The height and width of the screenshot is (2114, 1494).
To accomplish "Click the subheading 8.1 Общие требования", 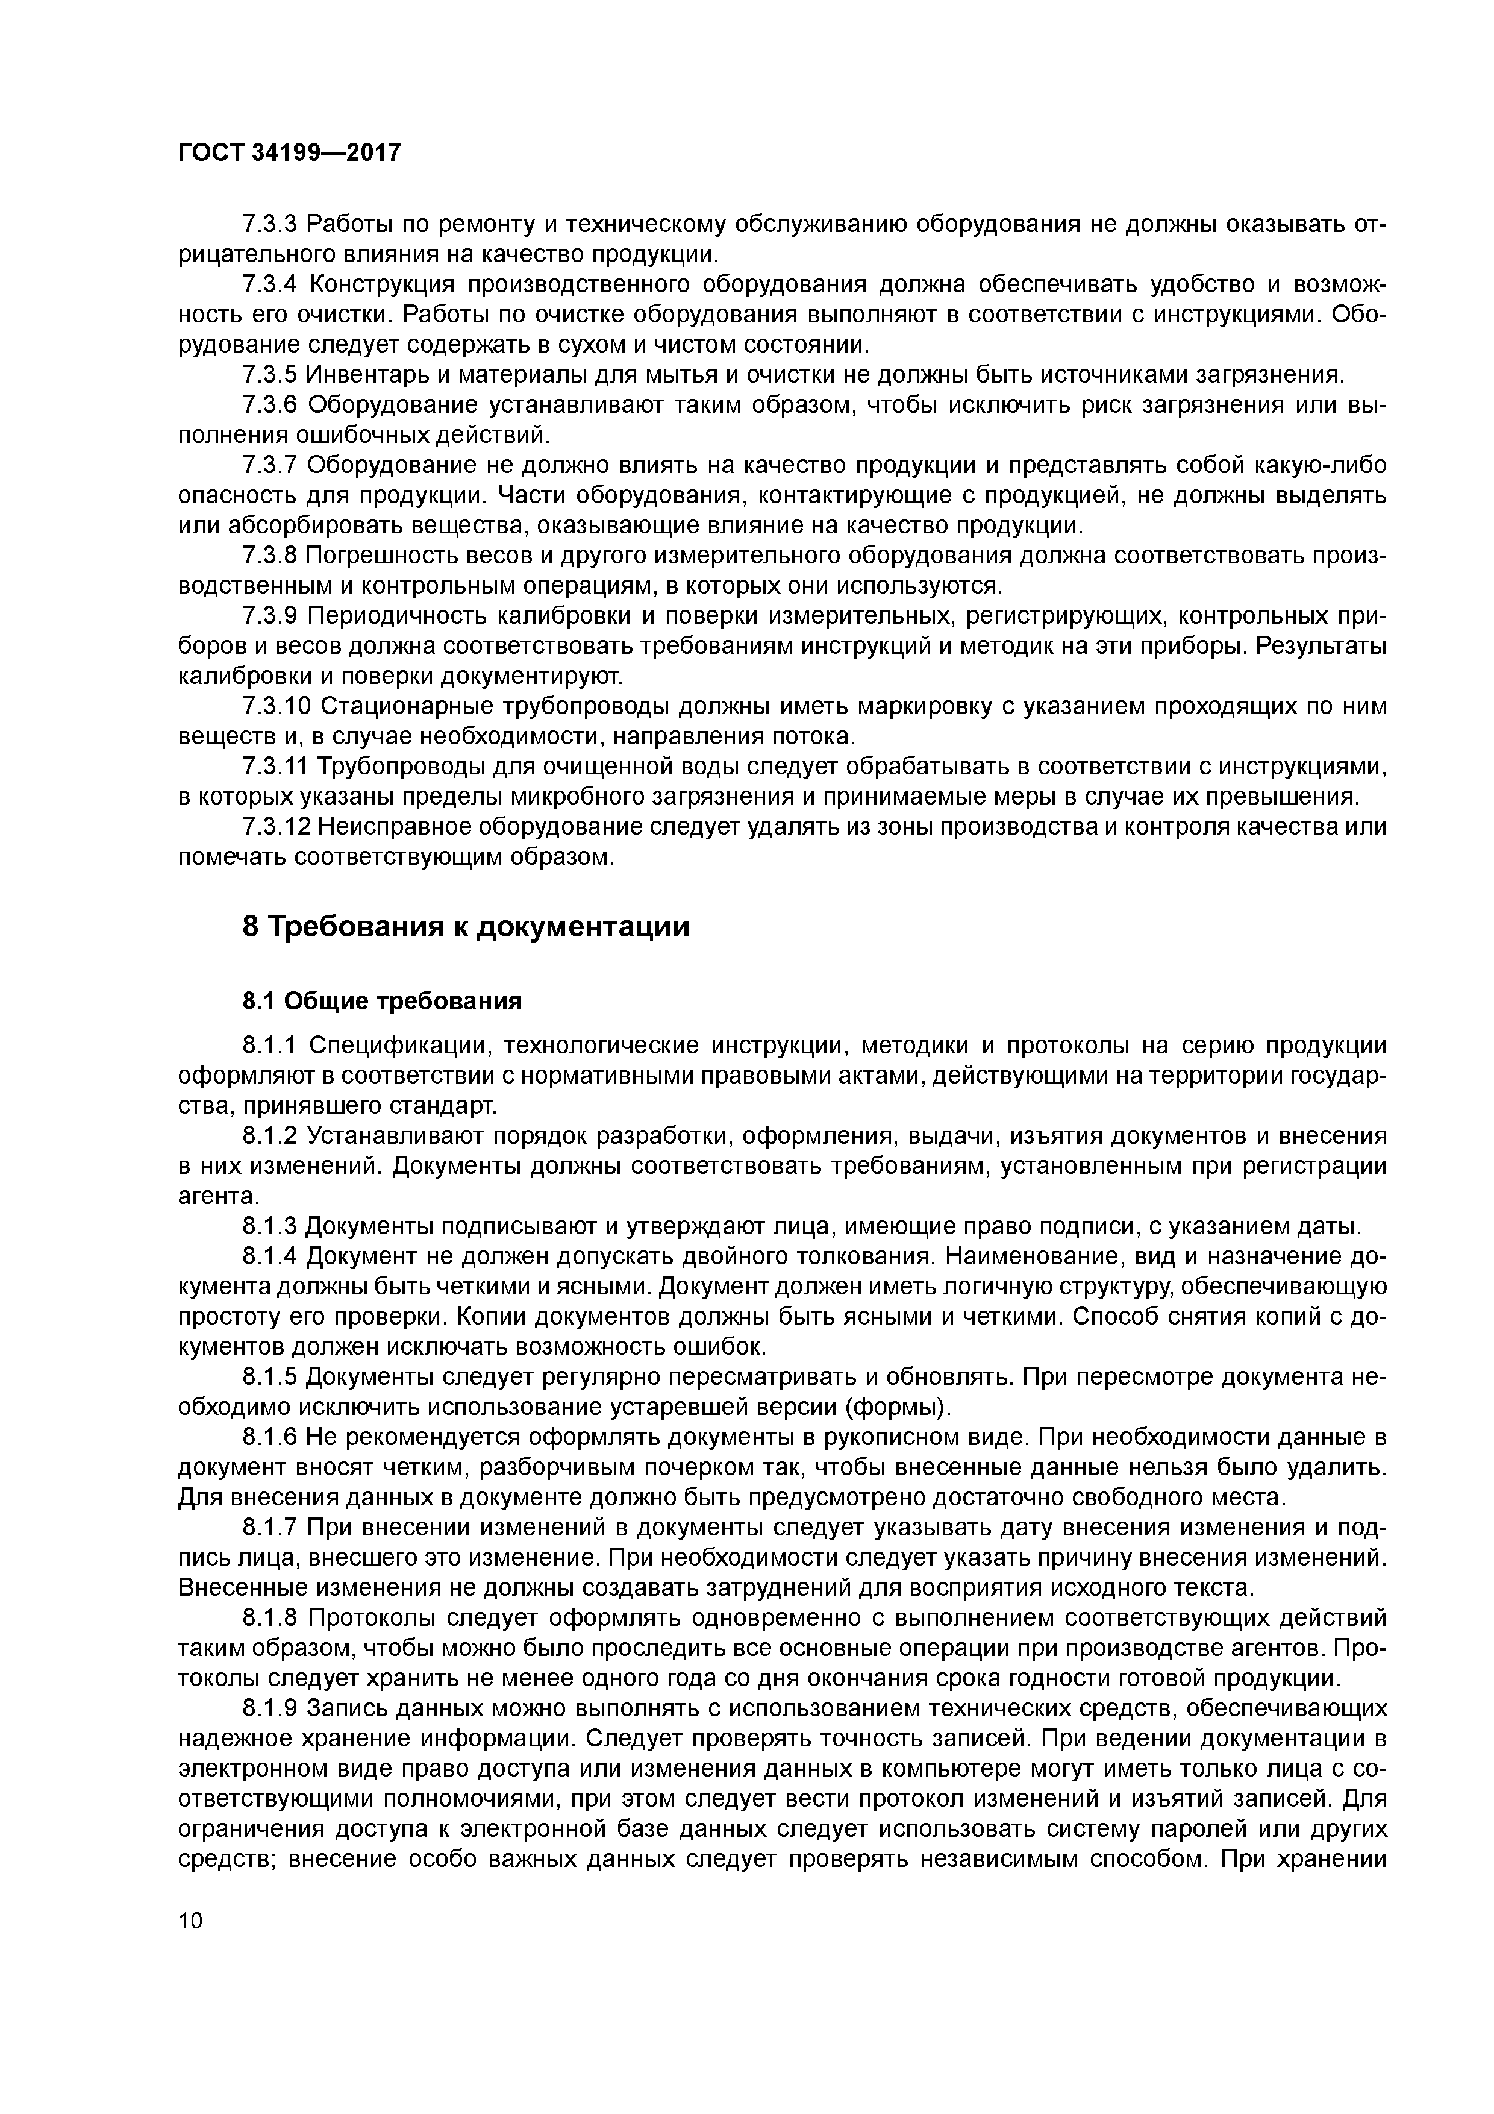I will (382, 1001).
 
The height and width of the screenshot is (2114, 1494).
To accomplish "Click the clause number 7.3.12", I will (276, 827).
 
